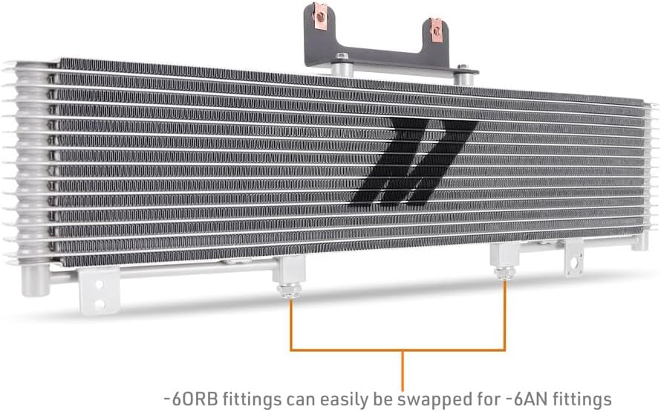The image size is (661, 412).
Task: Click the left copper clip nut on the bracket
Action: coord(321,13)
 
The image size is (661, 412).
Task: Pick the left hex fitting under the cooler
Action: coord(288,289)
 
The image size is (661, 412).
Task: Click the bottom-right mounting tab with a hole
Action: coord(574,258)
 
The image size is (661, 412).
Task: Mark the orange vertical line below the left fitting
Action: coord(290,324)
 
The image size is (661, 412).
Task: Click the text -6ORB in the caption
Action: coord(186,398)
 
